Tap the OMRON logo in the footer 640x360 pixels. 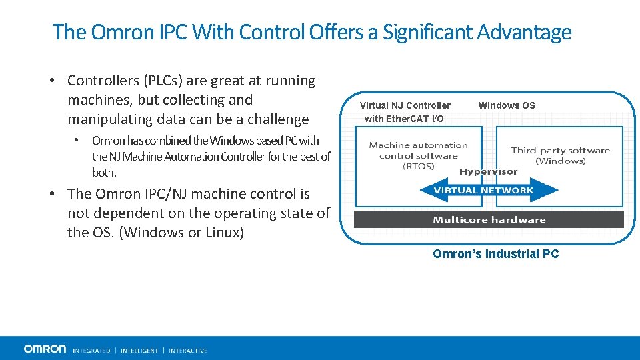click(x=45, y=349)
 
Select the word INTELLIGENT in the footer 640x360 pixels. click(x=139, y=350)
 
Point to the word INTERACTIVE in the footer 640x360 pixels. click(x=188, y=350)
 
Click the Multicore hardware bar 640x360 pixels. click(x=489, y=220)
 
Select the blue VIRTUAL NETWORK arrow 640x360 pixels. click(x=489, y=191)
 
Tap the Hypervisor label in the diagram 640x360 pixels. click(x=488, y=172)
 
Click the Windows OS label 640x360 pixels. click(x=507, y=105)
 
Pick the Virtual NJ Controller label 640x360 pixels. click(x=405, y=105)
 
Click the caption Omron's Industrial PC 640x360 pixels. click(x=495, y=254)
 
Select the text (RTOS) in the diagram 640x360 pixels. click(x=419, y=167)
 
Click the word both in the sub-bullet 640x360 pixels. click(x=104, y=173)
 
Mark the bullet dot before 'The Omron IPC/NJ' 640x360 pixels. click(x=51, y=194)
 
